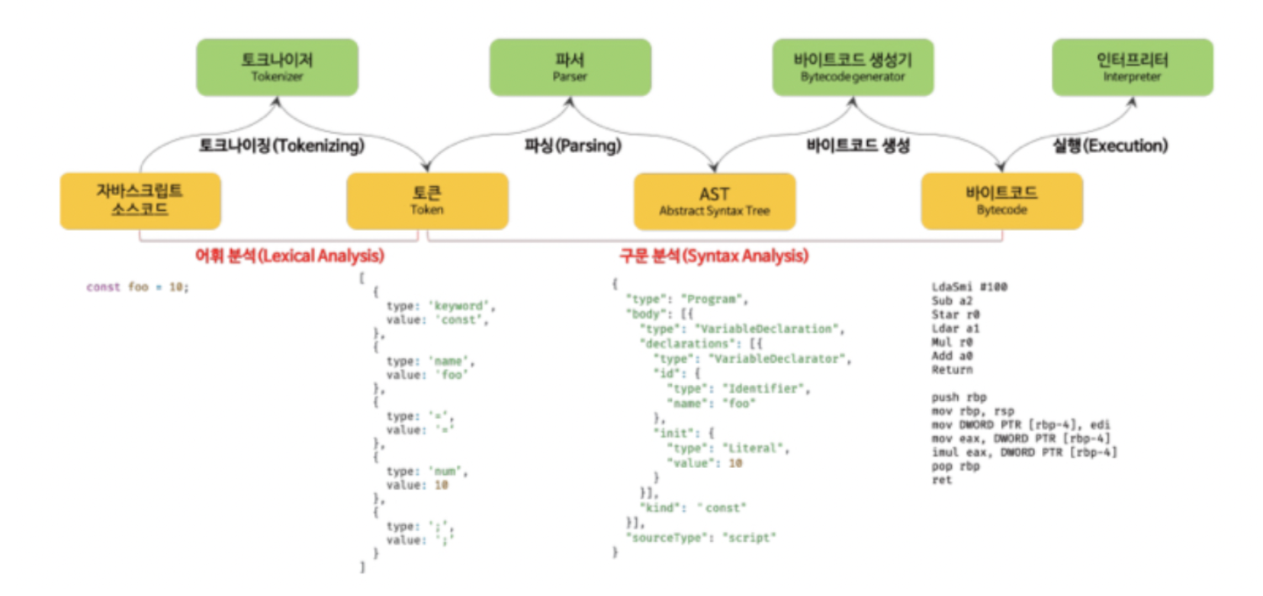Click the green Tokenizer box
(277, 67)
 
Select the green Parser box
(570, 67)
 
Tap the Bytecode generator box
(853, 67)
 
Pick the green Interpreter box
(1132, 67)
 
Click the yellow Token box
(427, 200)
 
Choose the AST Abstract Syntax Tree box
(715, 201)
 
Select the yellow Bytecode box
(1001, 200)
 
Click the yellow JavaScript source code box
(140, 200)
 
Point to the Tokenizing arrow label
(281, 146)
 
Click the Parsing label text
(573, 146)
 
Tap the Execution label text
(1110, 146)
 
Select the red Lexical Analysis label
(290, 256)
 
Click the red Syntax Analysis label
(714, 256)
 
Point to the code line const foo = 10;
(137, 287)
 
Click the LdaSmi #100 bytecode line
(969, 287)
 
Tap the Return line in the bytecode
(952, 370)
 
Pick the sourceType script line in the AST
(701, 538)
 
